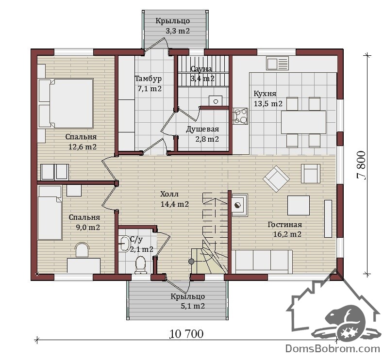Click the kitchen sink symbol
[278, 63]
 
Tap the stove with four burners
[240, 116]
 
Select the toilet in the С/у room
[140, 265]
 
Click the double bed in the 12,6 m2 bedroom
[66, 103]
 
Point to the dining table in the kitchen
[304, 122]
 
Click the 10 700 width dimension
[186, 334]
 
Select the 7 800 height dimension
[362, 165]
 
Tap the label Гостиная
[285, 225]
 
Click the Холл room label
[169, 194]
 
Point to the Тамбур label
[149, 79]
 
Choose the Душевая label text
[202, 129]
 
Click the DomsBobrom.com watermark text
[333, 348]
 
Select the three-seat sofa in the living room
[262, 262]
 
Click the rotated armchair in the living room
[276, 179]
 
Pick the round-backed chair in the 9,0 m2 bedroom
[82, 250]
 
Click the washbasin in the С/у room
[124, 244]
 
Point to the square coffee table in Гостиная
[299, 205]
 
